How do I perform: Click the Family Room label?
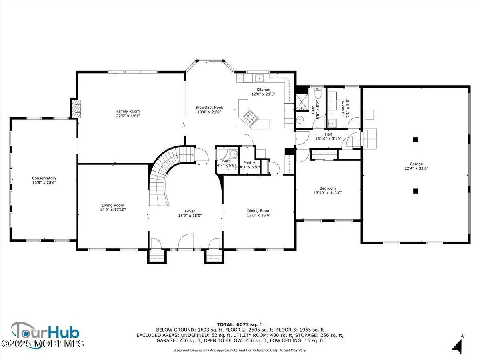tap(128, 111)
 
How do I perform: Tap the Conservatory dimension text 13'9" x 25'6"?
tap(44, 183)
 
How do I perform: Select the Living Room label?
tap(113, 205)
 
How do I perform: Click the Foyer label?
tap(190, 211)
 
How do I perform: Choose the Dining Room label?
tap(258, 210)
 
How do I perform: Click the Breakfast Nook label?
tap(209, 107)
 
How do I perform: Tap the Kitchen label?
tap(263, 90)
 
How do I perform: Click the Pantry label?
tap(249, 163)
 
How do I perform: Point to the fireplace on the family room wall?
tap(76, 108)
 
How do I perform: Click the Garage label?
tap(416, 164)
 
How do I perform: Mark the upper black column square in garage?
tap(416, 140)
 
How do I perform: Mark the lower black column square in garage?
tap(416, 191)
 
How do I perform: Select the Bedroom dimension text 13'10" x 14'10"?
tap(328, 193)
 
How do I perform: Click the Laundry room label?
tap(343, 108)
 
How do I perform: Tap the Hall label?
tap(328, 134)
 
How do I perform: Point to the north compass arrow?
tap(457, 346)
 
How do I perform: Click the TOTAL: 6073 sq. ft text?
tap(240, 324)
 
